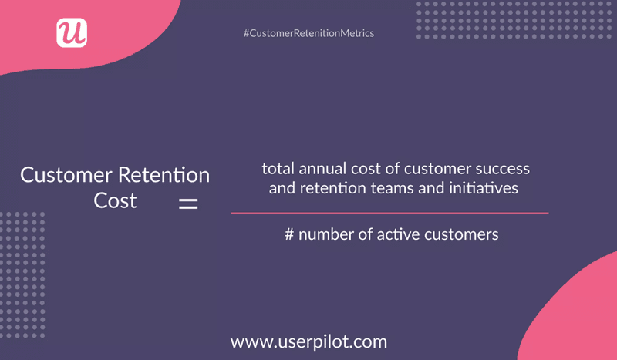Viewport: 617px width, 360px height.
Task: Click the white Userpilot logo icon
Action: (x=72, y=32)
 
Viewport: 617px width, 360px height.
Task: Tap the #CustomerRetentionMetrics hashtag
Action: (x=308, y=34)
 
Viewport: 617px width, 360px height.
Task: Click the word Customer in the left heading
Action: (x=57, y=175)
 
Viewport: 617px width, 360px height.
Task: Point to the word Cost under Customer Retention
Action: (x=115, y=200)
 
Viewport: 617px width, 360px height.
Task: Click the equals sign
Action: (x=188, y=205)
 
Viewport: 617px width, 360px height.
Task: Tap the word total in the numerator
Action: (x=275, y=168)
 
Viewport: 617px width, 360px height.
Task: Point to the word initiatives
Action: (x=485, y=187)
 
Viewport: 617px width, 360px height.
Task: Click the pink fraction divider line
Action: (x=389, y=212)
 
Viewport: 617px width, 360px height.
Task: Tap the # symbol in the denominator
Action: (x=290, y=234)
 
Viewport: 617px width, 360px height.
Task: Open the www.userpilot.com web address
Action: (x=308, y=340)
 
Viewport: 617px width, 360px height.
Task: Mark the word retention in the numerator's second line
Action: (x=327, y=187)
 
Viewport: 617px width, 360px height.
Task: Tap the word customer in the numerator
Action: (x=428, y=168)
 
